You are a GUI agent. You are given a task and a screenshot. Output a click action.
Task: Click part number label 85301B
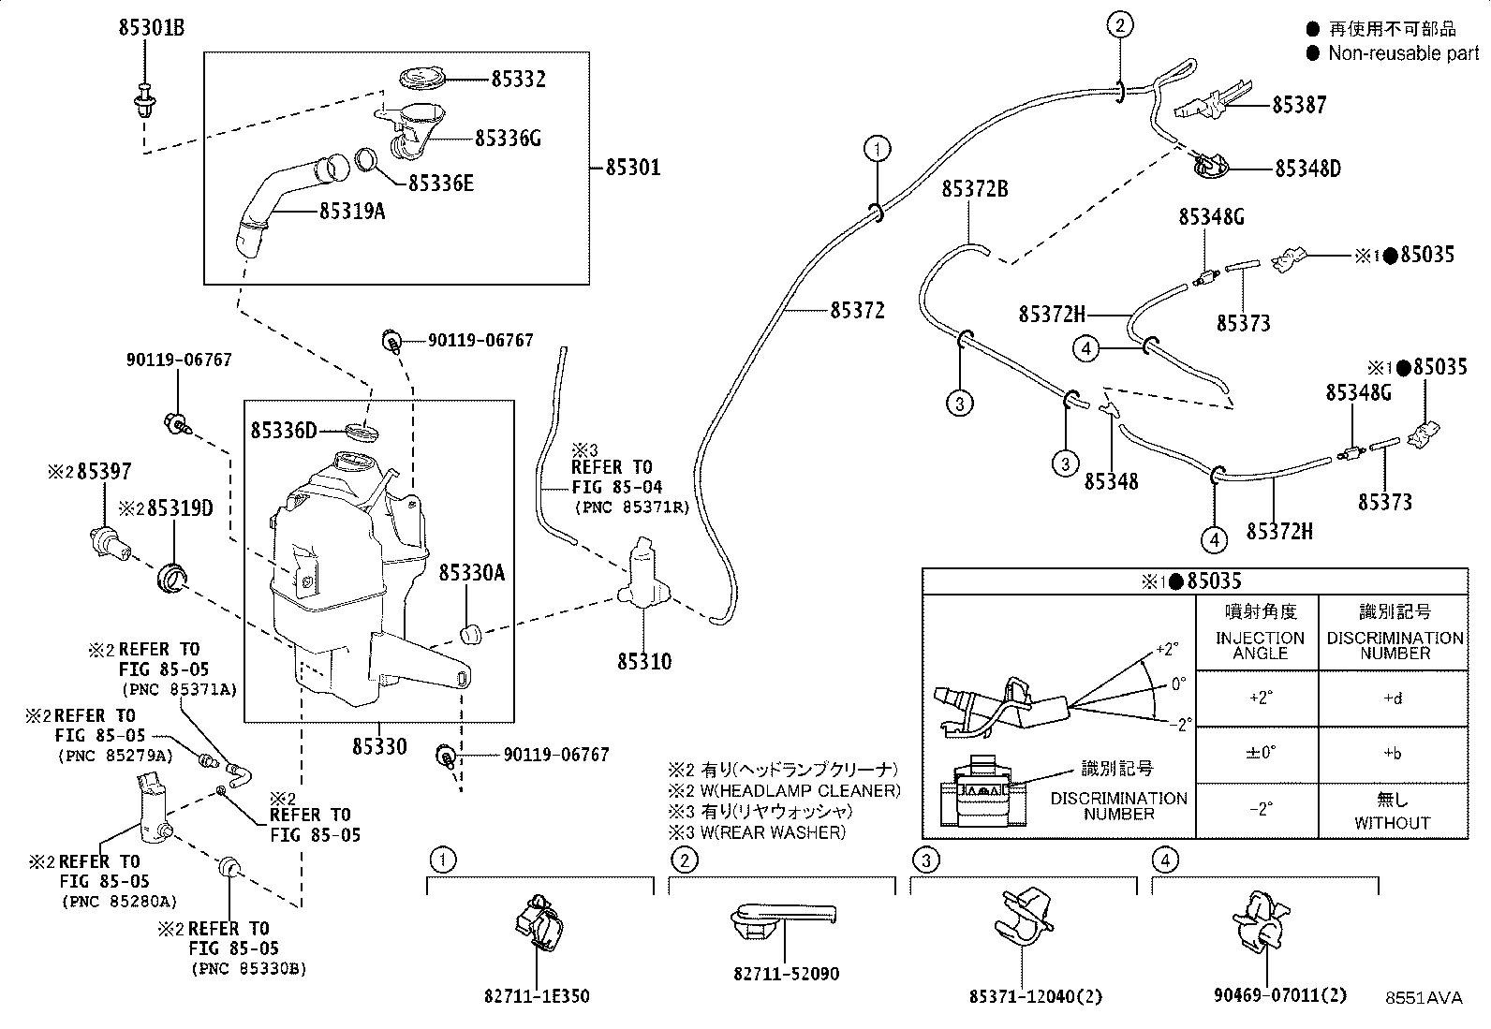152,28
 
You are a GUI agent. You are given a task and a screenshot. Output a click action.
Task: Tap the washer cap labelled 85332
422,79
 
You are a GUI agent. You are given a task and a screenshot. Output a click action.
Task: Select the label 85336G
508,139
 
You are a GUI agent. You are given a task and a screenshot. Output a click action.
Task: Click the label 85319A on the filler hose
352,212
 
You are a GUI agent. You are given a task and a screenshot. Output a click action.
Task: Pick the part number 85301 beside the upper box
633,167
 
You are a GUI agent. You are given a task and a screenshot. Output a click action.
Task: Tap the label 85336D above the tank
284,431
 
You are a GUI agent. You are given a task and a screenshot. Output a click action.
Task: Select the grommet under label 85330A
470,634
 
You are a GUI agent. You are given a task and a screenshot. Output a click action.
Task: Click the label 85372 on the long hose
857,311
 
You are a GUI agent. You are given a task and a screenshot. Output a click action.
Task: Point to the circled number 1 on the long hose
878,149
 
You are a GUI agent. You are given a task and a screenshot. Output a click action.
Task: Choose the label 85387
1299,105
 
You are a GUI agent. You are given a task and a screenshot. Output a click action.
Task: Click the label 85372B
974,189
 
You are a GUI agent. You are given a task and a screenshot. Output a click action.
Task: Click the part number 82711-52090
786,974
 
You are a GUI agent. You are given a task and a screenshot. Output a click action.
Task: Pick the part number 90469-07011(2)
1279,995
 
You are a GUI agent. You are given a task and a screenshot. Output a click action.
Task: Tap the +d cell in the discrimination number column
1393,698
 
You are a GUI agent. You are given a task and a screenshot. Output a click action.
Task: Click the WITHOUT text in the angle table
1392,823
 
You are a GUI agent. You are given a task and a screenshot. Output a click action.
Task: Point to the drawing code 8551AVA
1424,998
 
